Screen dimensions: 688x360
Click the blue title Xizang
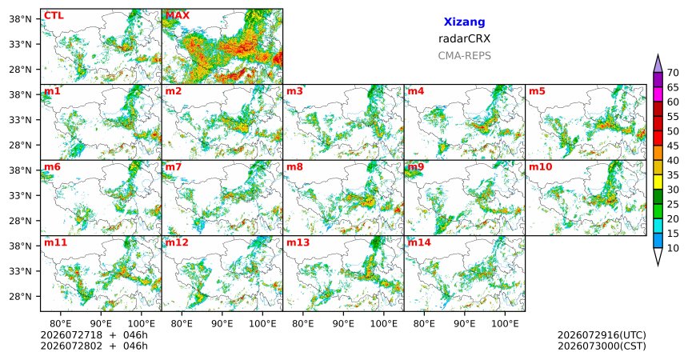[464, 22]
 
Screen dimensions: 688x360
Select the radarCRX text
[464, 38]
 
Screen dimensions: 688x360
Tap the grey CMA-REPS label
[464, 56]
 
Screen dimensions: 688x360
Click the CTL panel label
[54, 16]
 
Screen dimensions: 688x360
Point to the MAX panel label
[178, 16]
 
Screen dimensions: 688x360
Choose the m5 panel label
[537, 91]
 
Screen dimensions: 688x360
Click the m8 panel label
[295, 167]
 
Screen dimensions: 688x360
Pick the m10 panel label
[541, 167]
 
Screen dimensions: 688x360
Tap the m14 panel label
[419, 242]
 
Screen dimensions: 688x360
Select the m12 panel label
[177, 242]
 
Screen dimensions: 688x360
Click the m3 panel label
[295, 91]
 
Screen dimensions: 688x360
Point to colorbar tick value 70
[673, 73]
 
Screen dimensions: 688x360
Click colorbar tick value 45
[673, 146]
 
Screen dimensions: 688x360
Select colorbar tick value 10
[673, 248]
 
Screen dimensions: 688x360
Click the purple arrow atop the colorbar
[658, 64]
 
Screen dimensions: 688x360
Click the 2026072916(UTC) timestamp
[602, 335]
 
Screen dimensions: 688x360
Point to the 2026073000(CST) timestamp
[602, 346]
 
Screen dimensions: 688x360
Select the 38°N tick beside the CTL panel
[20, 19]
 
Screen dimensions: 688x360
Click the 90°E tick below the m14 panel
[464, 324]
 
